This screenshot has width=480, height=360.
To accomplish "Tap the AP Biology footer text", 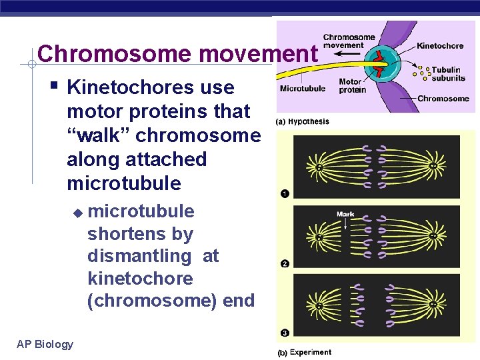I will click(x=45, y=344).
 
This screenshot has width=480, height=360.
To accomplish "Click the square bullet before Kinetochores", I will click(x=53, y=85).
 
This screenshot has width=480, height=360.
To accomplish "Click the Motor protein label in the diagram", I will click(x=353, y=86).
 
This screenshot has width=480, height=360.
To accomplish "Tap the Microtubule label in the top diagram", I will click(x=303, y=88).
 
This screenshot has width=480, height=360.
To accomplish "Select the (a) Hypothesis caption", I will click(x=303, y=122).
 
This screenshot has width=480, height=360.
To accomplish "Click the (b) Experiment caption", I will click(x=305, y=352).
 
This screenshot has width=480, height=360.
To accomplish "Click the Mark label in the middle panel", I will click(x=345, y=214).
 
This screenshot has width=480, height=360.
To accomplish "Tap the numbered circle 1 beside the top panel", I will click(x=285, y=194).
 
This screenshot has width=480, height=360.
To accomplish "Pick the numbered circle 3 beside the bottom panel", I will click(x=285, y=332).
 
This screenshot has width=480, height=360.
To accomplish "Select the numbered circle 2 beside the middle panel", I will click(x=285, y=263).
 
